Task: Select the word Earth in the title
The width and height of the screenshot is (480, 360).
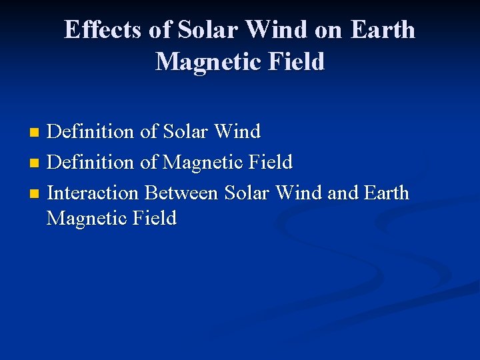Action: point(383,30)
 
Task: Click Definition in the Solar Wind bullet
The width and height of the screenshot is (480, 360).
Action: point(91,131)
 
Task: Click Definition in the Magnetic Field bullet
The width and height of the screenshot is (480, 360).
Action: point(91,162)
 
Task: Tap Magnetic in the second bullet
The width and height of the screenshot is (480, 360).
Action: point(201,162)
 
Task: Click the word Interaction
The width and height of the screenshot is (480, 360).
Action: point(94,193)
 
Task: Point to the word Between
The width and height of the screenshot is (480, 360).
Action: point(181,193)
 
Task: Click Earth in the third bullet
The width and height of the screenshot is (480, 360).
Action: point(387,193)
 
